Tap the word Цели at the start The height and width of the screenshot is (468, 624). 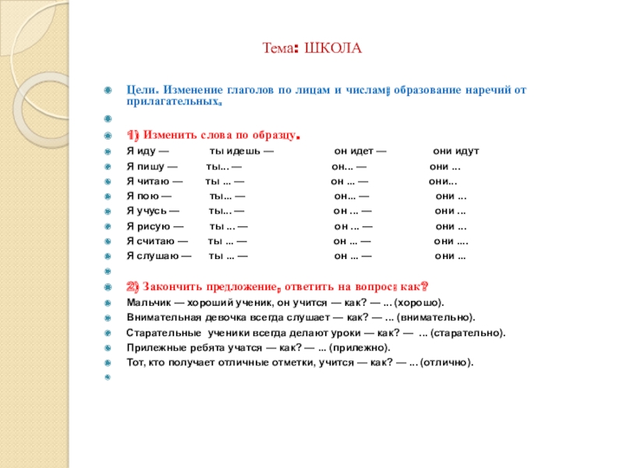coord(140,90)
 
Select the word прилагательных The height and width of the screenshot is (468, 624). coord(172,103)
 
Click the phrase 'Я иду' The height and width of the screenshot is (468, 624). coord(141,151)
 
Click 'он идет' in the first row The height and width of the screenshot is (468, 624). coord(353,151)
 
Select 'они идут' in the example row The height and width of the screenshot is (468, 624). coord(456,151)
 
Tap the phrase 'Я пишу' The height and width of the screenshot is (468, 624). coord(145,167)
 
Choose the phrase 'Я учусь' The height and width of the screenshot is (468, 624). coord(146,211)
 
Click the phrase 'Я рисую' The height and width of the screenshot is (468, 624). coord(148,226)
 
